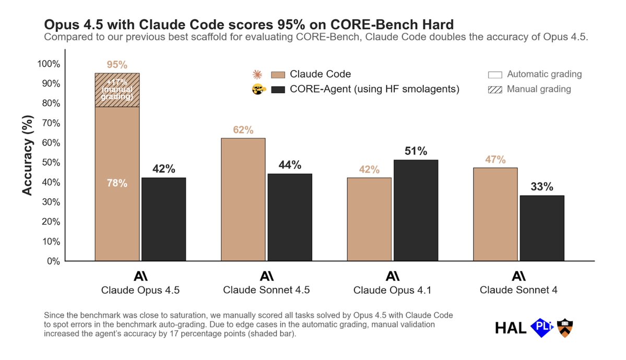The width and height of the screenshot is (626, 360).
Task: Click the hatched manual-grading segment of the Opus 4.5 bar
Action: (x=117, y=90)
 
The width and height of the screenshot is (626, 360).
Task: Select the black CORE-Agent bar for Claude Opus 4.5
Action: (x=163, y=219)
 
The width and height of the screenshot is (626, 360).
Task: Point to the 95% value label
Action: (x=117, y=65)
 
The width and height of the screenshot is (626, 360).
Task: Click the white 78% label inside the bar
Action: (x=117, y=184)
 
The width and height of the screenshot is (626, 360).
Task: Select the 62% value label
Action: (x=243, y=130)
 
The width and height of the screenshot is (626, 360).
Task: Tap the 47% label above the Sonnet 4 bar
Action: (x=495, y=160)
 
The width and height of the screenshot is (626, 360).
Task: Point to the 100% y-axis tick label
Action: (x=48, y=64)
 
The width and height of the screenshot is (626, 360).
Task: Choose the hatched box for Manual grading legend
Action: (x=495, y=89)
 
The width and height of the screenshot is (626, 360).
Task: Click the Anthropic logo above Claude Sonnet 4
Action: (x=518, y=276)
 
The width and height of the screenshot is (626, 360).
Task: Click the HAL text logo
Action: (x=510, y=328)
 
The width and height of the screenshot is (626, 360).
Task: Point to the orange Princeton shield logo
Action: (x=564, y=327)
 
